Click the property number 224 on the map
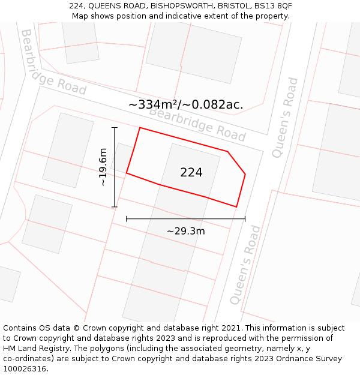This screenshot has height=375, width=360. click(191, 173)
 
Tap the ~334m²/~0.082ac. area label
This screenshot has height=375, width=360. click(185, 104)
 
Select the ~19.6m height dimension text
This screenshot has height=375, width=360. click(103, 167)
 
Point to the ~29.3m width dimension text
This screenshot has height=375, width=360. click(185, 231)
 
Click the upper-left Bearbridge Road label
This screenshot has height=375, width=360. click(53, 63)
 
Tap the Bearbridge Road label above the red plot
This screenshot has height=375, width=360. click(197, 124)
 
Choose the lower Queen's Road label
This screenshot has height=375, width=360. click(246, 265)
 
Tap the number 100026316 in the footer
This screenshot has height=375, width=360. click(24, 369)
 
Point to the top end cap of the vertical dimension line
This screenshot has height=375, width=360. click(114, 127)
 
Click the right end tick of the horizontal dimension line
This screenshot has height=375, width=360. click(245, 218)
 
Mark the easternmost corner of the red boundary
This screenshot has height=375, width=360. click(245, 175)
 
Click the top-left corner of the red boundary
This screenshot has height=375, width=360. click(140, 128)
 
